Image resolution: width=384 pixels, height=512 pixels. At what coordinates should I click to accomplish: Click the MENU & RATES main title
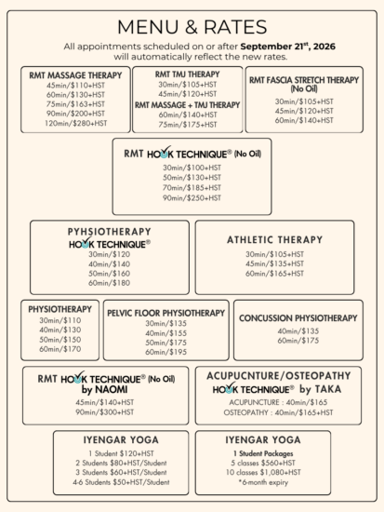[192, 27]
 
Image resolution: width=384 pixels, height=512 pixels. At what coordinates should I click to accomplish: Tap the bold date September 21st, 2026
[287, 47]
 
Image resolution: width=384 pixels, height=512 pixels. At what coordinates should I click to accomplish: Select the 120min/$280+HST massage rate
[75, 123]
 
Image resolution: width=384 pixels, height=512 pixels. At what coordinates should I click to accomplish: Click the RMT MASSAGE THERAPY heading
[75, 75]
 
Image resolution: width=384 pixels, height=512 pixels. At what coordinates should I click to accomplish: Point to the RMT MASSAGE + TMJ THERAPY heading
[187, 105]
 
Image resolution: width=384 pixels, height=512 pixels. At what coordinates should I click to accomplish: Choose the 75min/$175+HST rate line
[188, 125]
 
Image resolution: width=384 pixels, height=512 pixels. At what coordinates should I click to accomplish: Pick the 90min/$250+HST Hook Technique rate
[192, 198]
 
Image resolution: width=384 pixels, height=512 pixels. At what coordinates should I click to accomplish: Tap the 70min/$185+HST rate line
[192, 188]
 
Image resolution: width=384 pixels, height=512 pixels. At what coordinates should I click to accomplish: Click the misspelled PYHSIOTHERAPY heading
[110, 232]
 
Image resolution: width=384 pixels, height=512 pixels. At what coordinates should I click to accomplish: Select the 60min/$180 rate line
[109, 283]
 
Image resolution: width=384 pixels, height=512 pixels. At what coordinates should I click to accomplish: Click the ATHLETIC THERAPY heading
[274, 239]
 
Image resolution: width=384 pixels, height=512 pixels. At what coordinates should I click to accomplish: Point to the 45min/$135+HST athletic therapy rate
[274, 263]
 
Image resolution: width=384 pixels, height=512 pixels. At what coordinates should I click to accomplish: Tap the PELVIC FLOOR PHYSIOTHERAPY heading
[166, 313]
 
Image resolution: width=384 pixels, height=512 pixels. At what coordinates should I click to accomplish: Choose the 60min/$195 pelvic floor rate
[166, 352]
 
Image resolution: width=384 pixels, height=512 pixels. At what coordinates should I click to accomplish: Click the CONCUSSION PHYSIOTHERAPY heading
[298, 318]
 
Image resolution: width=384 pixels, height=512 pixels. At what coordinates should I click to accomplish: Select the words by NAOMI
[104, 389]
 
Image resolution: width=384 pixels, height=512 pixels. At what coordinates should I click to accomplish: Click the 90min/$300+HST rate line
[105, 412]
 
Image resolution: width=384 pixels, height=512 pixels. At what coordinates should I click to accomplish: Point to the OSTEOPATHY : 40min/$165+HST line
[278, 412]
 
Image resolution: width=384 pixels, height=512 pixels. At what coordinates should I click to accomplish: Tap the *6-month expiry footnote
[263, 482]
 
